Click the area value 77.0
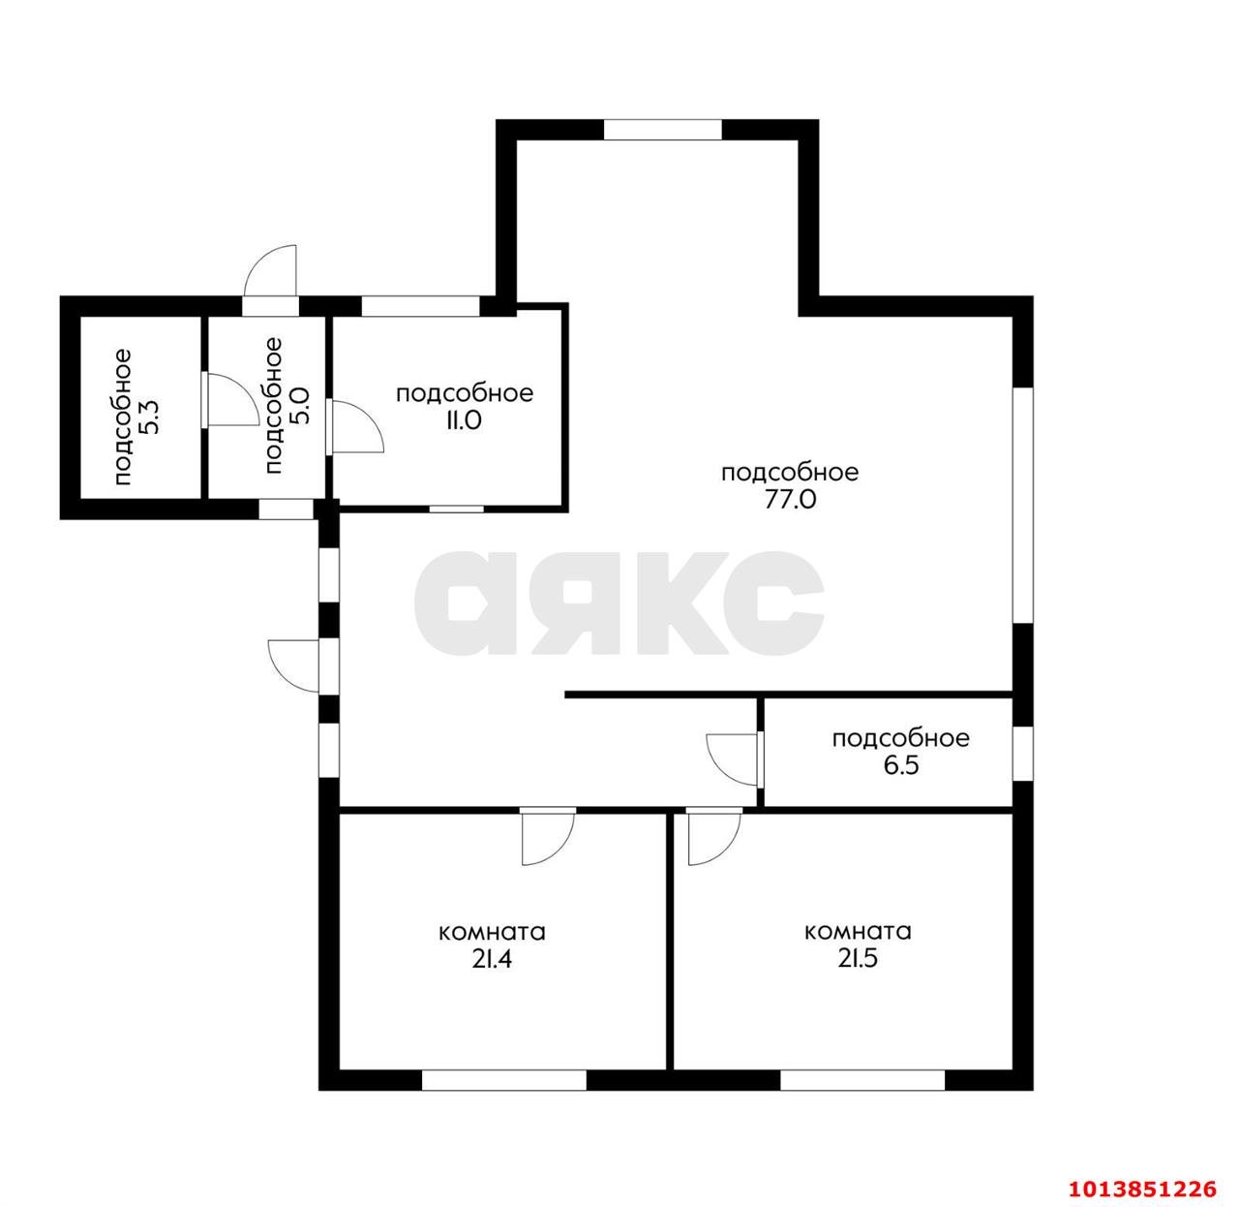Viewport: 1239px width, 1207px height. tap(790, 500)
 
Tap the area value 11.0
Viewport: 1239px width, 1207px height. tap(464, 421)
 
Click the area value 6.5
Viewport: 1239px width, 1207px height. tap(900, 765)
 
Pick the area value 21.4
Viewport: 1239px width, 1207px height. tap(492, 959)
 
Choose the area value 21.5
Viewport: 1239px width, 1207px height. tap(858, 958)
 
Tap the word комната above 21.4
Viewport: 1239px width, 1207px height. tap(492, 932)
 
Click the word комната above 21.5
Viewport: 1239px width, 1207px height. tap(858, 932)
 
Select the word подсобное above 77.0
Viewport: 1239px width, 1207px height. tap(790, 474)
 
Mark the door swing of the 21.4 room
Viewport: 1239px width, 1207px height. tap(548, 837)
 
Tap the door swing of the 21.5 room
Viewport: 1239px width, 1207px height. tap(715, 837)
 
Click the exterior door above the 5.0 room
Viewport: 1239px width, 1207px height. tap(271, 272)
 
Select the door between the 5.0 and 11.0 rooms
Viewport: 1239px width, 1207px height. tap(355, 426)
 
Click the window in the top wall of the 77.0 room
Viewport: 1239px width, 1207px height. tap(662, 129)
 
